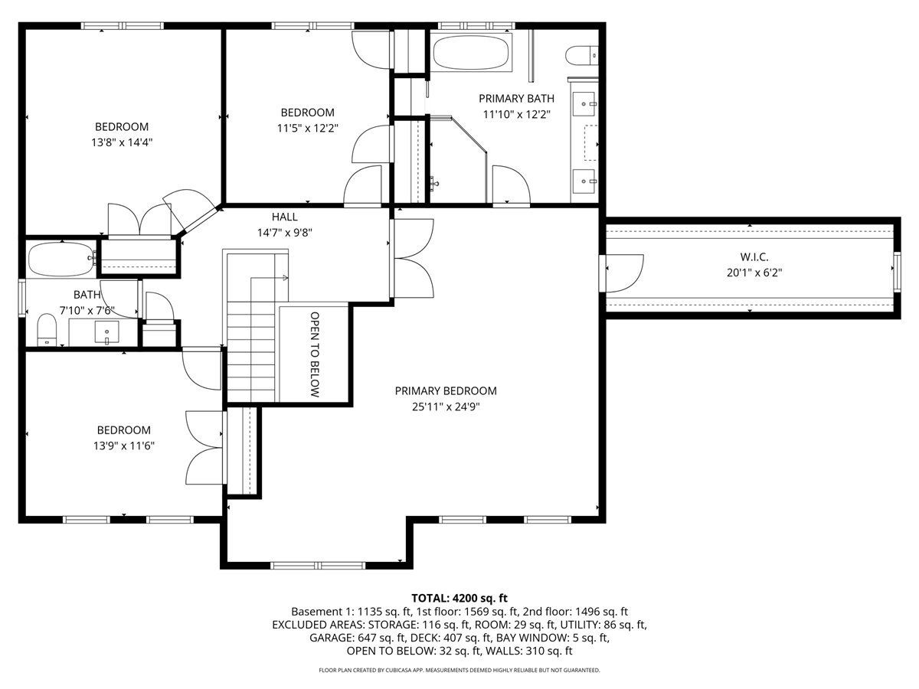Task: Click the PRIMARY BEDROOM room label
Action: click(x=446, y=390)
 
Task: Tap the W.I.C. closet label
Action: click(x=754, y=257)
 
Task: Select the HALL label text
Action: click(x=285, y=217)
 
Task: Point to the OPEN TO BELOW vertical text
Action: click(x=315, y=354)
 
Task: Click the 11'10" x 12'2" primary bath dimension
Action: click(x=516, y=114)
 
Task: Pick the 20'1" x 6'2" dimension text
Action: click(x=754, y=273)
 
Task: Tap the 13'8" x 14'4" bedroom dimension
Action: click(x=122, y=142)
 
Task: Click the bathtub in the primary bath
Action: click(x=471, y=52)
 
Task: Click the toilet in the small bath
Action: click(x=47, y=330)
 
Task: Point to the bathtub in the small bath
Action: click(x=62, y=260)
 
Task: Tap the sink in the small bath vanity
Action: click(x=106, y=332)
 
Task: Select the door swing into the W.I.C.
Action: click(x=624, y=273)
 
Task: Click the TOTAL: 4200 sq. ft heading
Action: click(x=459, y=598)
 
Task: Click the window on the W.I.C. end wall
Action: click(x=897, y=272)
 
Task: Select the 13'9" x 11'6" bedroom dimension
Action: click(x=124, y=446)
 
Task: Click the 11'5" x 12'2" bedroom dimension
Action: click(x=307, y=128)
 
